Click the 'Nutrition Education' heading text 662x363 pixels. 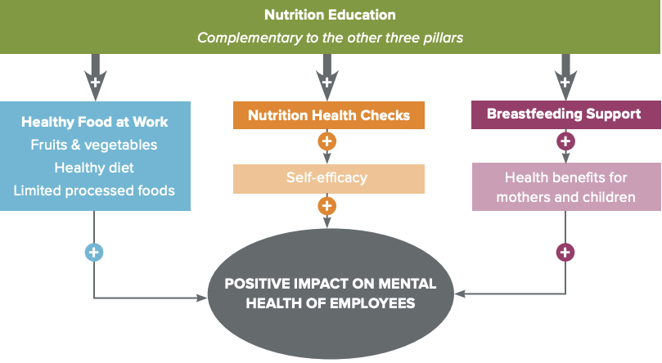(x=331, y=15)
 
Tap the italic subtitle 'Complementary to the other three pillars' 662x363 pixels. (x=331, y=38)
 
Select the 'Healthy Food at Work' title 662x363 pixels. (x=95, y=122)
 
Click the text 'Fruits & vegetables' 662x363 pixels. (x=94, y=145)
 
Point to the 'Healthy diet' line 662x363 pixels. (x=94, y=168)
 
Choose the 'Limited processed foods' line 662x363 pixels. (x=94, y=190)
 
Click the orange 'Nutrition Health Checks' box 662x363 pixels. (x=329, y=115)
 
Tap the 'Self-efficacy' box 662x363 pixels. (x=329, y=177)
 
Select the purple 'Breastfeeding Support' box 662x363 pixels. (x=564, y=114)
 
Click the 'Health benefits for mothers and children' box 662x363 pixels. (x=564, y=186)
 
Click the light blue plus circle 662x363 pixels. (x=94, y=252)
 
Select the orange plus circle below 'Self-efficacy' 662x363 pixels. (x=327, y=206)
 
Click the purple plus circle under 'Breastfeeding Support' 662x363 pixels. (x=565, y=141)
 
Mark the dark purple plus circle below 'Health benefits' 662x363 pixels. (x=565, y=252)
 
